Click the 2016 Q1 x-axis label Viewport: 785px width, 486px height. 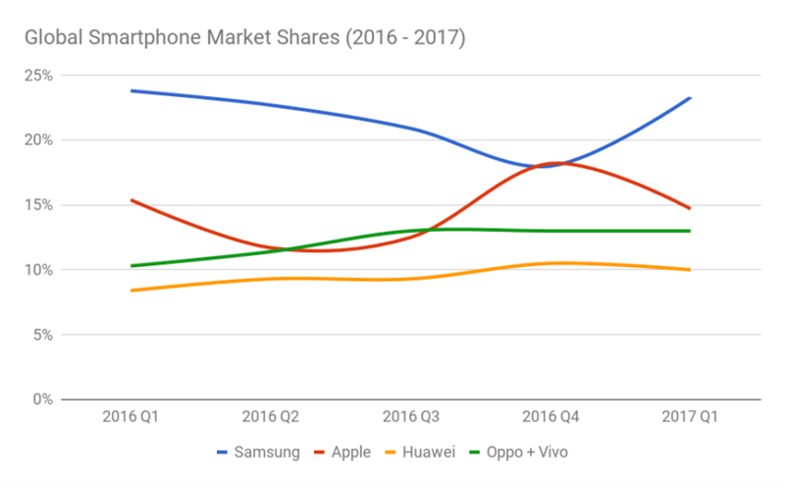point(131,416)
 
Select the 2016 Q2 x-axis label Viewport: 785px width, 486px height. point(271,416)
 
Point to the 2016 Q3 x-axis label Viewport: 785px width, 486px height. point(410,416)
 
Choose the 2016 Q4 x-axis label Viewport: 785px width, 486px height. point(550,416)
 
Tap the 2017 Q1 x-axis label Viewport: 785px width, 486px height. point(690,416)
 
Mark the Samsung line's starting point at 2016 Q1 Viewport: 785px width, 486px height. point(131,90)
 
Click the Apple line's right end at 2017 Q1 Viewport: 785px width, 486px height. point(690,208)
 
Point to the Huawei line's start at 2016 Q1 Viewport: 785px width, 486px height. point(131,291)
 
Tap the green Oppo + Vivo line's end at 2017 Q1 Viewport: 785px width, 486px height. point(690,231)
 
